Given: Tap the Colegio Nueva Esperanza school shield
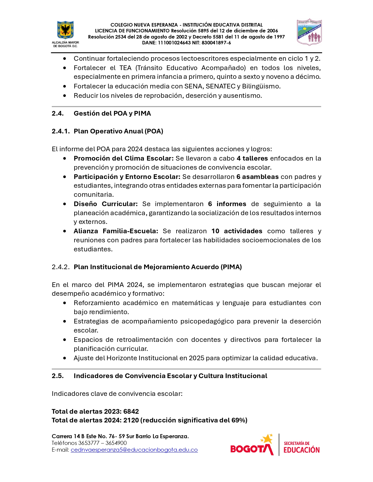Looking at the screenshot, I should click(309, 32).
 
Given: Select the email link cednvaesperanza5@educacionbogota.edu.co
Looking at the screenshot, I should click(134, 450).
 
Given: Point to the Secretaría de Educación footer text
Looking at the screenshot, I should click(301, 447).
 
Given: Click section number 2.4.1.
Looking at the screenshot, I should click(61, 131).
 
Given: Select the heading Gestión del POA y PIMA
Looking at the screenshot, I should click(112, 114).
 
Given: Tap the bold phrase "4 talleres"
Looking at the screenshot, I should click(252, 159).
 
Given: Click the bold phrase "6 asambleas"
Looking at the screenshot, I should click(258, 177).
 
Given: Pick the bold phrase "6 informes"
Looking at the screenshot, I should click(227, 204).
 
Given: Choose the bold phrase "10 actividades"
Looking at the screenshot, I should click(237, 231).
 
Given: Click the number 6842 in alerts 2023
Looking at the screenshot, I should click(131, 412).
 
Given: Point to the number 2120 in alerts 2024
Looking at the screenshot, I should click(131, 420).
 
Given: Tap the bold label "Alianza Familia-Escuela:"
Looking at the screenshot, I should click(116, 231).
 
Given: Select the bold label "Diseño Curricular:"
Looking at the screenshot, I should click(106, 204).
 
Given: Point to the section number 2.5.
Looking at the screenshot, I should click(58, 376).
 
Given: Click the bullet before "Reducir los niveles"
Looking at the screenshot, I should click(65, 96).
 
